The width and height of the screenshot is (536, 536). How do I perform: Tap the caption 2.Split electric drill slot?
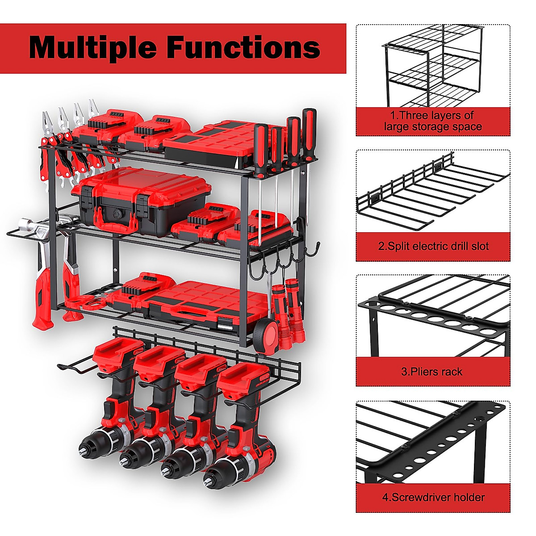click(433, 246)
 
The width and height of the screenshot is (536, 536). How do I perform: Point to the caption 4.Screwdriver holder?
click(433, 497)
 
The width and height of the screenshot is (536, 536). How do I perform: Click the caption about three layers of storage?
click(433, 121)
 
